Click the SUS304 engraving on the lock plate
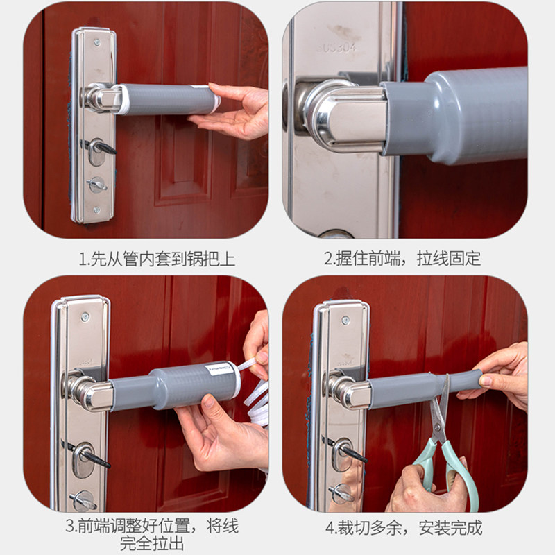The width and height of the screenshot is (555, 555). click(336, 47)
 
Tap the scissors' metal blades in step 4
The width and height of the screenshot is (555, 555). click(441, 407)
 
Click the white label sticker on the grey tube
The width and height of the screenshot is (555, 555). click(219, 371)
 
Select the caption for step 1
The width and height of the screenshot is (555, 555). click(157, 259)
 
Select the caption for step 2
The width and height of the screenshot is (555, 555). click(402, 259)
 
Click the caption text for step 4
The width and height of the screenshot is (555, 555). click(404, 528)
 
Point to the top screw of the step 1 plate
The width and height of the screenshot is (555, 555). click(97, 43)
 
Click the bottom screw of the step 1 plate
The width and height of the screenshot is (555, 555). click(96, 210)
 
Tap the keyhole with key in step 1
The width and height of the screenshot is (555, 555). click(98, 151)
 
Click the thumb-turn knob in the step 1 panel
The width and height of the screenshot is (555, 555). click(96, 185)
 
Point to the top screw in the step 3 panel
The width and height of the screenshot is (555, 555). click(85, 316)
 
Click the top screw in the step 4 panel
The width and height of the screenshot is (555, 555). click(345, 321)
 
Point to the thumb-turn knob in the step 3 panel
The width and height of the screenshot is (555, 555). click(83, 500)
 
